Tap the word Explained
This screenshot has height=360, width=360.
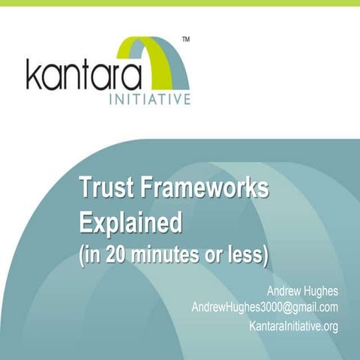131,223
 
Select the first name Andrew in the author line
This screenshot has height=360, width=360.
284,290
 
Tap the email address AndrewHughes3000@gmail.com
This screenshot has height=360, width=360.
265,307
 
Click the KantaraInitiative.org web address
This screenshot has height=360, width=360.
293,325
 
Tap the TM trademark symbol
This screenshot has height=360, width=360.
186,38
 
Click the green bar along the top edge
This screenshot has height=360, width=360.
180,3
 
